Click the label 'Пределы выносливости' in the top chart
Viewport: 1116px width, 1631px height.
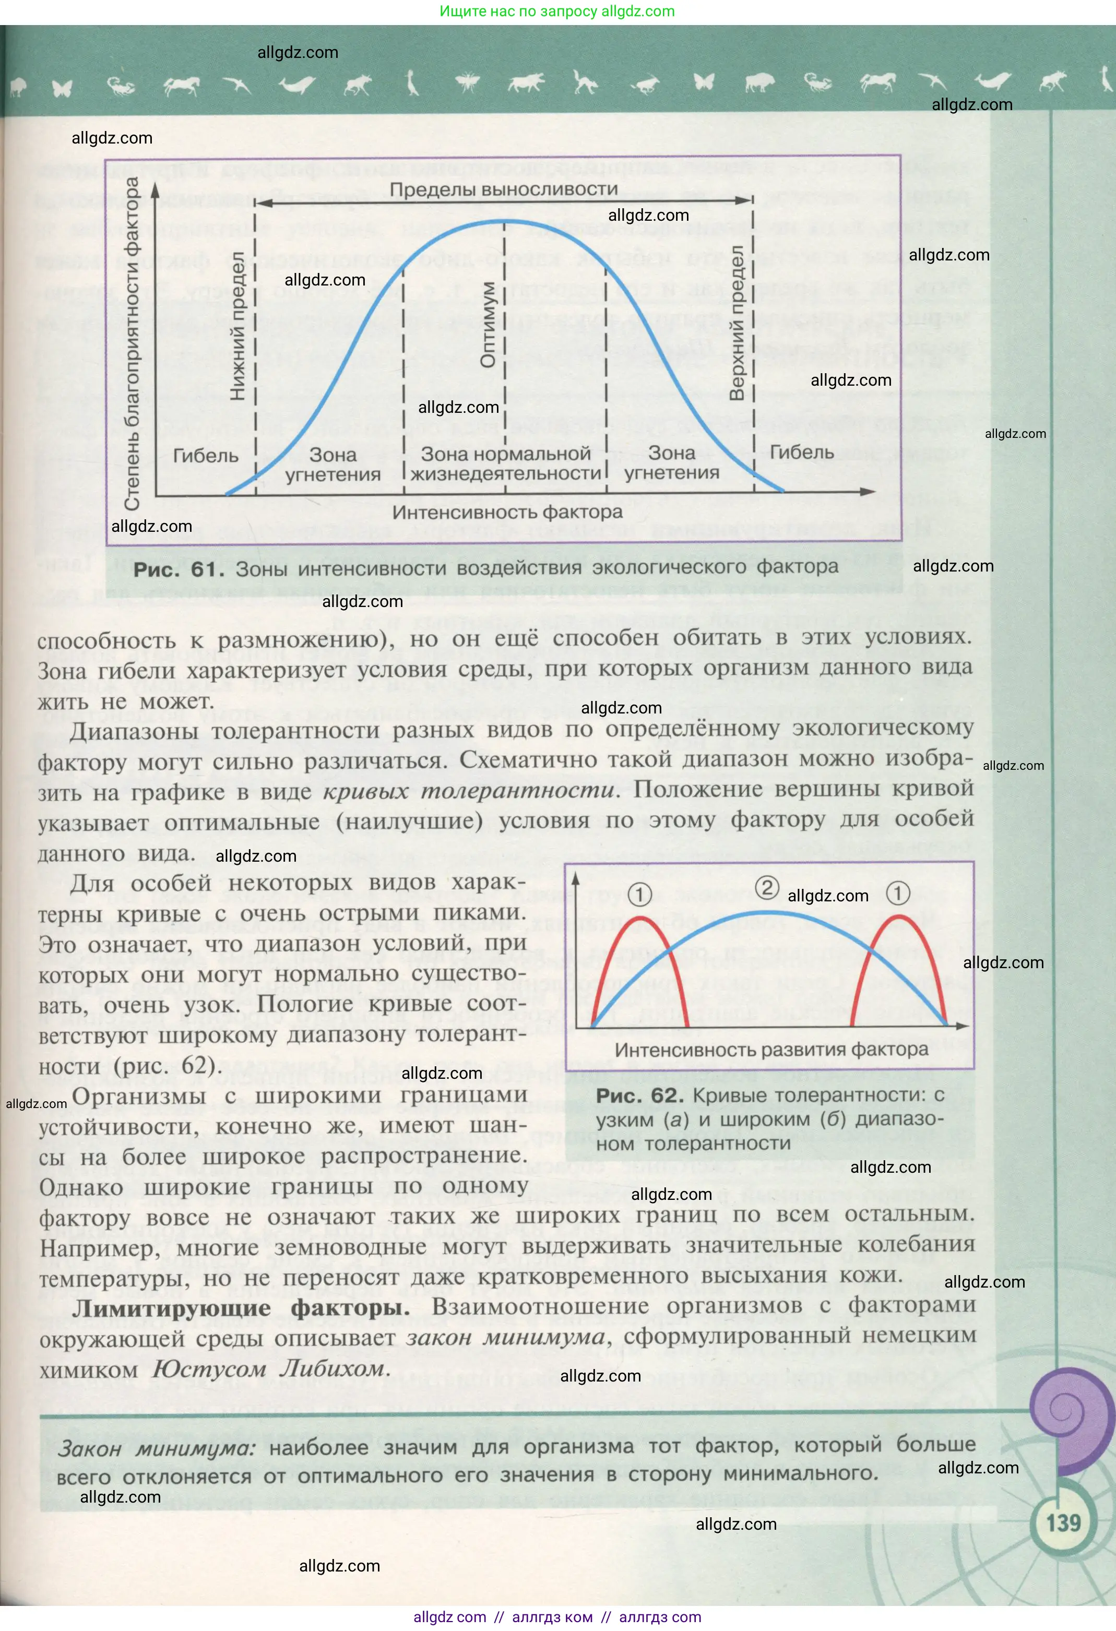click(503, 189)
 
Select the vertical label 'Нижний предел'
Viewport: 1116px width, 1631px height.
click(238, 326)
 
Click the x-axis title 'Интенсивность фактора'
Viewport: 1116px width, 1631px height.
click(507, 513)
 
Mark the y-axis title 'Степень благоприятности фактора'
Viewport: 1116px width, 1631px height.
click(132, 344)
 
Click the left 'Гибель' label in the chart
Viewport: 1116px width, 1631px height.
click(205, 456)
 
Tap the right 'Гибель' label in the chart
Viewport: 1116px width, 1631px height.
click(802, 453)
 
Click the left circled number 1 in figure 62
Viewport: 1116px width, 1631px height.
click(639, 894)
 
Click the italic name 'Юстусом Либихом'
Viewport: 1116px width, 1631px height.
click(269, 1368)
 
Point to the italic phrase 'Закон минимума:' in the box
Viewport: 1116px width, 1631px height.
click(157, 1448)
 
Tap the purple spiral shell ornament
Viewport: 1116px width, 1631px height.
click(1072, 1407)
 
